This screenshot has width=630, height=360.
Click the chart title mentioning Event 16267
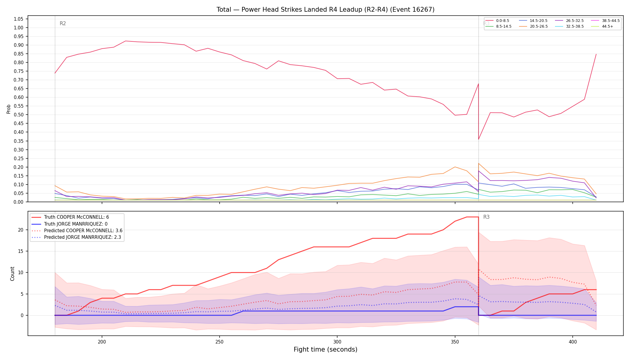325,10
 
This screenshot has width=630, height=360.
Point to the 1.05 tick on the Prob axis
19,19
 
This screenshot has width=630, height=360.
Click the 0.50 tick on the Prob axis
19,115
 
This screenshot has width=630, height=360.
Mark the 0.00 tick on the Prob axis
19,202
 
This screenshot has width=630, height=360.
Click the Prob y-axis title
9,109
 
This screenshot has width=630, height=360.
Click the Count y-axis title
12,274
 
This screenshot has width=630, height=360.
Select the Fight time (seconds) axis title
325,349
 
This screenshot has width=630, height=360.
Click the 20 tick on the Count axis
21,230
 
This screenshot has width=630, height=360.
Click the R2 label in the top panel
63,24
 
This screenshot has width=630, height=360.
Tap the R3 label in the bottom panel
486,217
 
